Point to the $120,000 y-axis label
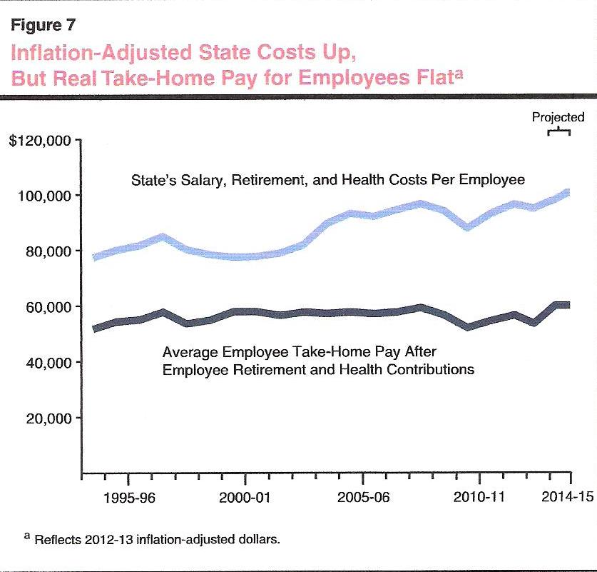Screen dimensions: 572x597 pos(39,141)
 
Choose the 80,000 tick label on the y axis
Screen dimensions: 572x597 pos(50,251)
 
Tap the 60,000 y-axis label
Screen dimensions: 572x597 pos(50,307)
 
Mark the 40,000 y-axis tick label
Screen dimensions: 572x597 pos(50,363)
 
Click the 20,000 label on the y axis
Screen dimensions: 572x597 pos(50,418)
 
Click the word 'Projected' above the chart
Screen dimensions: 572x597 pos(558,117)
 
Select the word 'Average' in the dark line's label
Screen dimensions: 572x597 pos(188,352)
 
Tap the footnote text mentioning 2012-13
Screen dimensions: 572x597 pos(146,538)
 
